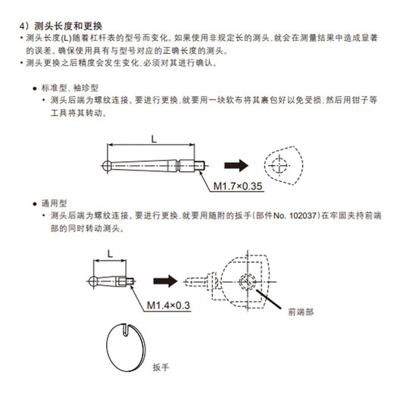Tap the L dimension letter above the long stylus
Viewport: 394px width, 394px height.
click(153, 139)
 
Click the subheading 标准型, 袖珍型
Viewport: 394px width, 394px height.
click(74, 88)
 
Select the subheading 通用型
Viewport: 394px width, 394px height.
click(56, 205)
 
